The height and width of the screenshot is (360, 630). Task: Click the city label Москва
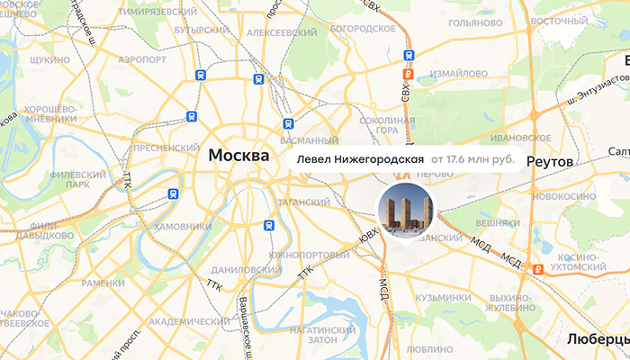(x=238, y=155)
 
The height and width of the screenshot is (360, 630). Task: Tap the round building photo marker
(x=405, y=209)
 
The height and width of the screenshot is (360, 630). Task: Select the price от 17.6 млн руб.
(x=472, y=159)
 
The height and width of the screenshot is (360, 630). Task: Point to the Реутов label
(x=549, y=160)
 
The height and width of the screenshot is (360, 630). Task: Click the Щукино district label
(x=49, y=59)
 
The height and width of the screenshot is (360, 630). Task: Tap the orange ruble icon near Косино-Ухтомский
(x=536, y=268)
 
